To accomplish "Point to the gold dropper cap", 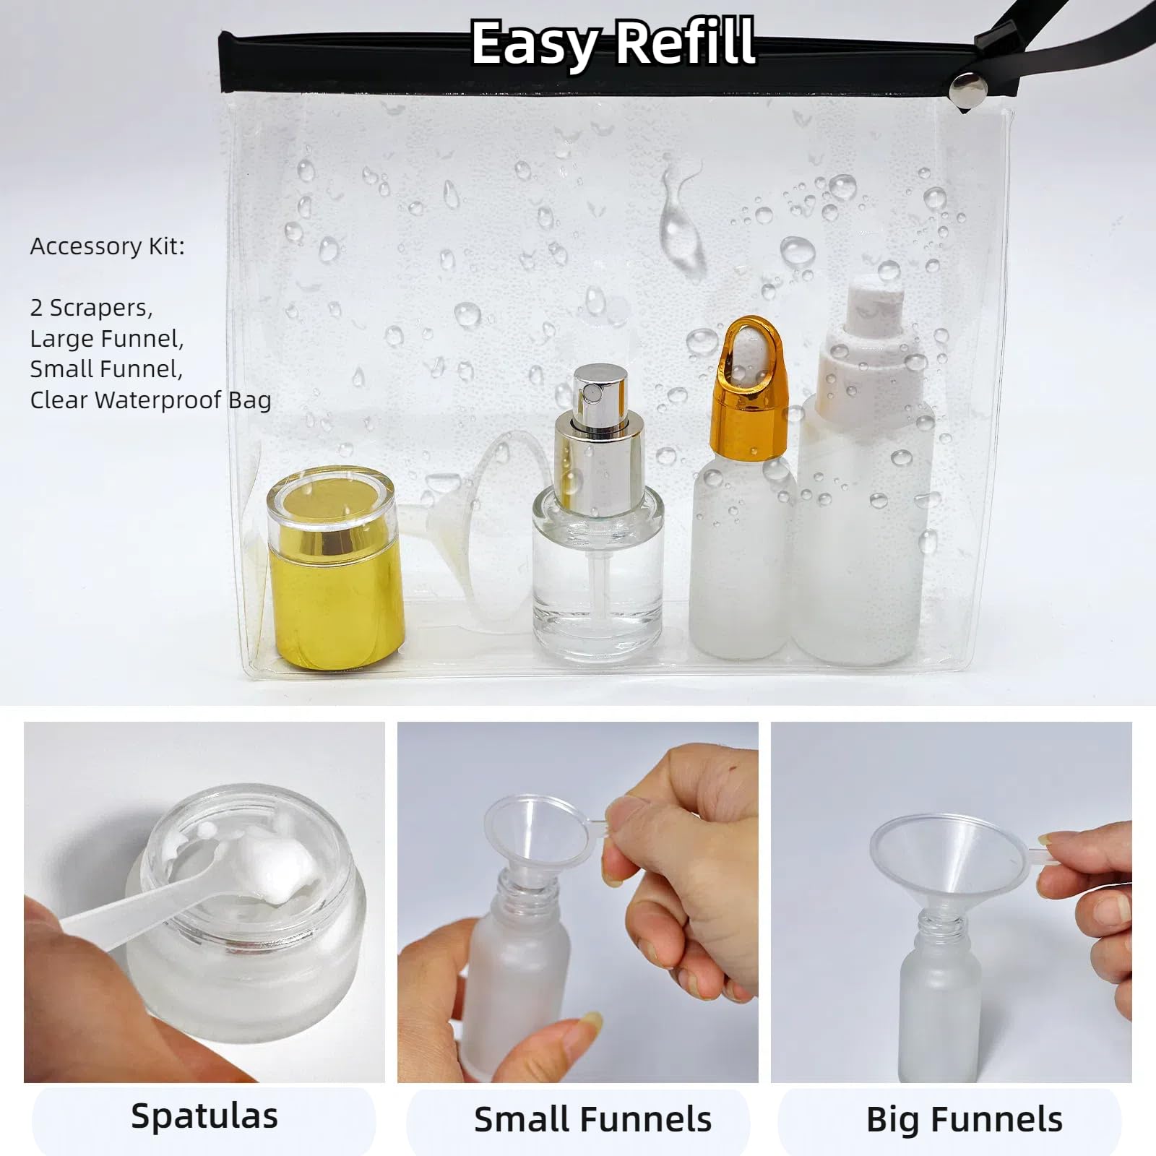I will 749,390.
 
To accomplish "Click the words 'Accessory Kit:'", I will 108,247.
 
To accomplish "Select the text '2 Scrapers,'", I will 91,309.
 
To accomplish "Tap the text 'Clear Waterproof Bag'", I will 150,400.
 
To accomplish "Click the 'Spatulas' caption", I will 204,1116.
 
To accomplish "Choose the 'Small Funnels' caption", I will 592,1120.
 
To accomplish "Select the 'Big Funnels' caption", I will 964,1120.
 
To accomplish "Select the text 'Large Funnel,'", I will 107,339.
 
